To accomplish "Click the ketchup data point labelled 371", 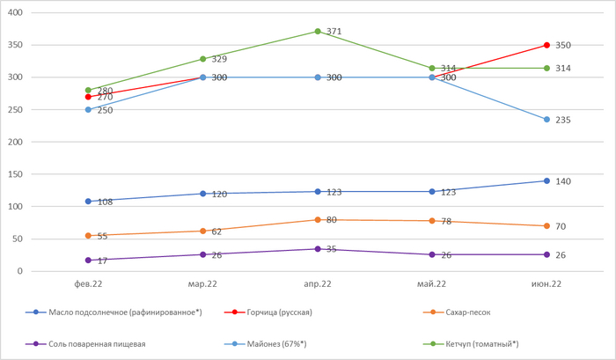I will tap(317, 32).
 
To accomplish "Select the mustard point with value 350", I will tap(546, 45).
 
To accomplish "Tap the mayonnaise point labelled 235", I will tap(546, 120).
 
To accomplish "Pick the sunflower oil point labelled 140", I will tap(546, 180).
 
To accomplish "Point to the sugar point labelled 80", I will tap(317, 219).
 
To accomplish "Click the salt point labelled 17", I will tap(88, 260).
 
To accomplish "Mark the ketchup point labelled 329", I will tap(202, 59).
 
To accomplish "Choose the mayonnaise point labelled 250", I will tap(88, 109).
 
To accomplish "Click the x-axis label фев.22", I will tap(88, 284).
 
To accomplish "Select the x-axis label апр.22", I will tap(317, 284).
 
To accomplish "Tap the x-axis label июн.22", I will tap(546, 284).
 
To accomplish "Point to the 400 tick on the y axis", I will tap(16, 12).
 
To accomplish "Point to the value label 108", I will tap(103, 202).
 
